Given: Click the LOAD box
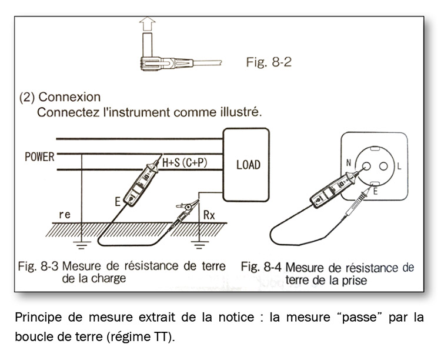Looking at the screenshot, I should click(x=248, y=165).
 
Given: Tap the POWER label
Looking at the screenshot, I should click(x=39, y=158).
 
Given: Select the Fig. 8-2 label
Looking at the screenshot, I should click(x=269, y=62).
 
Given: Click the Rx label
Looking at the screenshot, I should click(x=211, y=215).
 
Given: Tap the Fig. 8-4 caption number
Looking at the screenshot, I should click(x=262, y=268).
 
